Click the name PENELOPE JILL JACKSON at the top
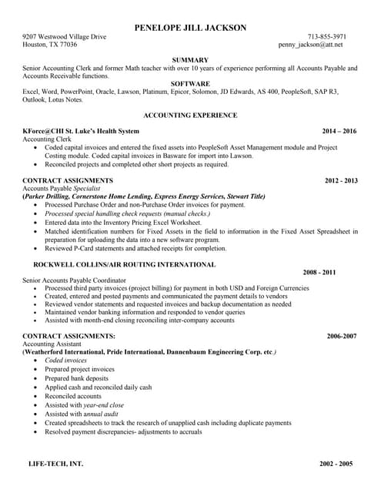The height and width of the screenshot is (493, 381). [190, 28]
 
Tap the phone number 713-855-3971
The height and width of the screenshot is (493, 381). [326, 36]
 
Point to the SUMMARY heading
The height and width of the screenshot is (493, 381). [190, 60]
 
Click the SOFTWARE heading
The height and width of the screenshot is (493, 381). [190, 83]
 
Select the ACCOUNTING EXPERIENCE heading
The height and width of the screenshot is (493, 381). [190, 115]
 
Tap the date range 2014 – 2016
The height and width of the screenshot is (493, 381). [339, 131]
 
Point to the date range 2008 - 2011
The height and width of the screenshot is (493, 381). [319, 273]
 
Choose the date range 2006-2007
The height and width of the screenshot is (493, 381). [342, 337]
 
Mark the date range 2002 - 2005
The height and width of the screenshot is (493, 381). [336, 464]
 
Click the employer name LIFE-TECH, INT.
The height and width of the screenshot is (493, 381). [53, 464]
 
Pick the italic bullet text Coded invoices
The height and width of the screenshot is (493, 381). [65, 360]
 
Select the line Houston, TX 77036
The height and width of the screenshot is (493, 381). [49, 45]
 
